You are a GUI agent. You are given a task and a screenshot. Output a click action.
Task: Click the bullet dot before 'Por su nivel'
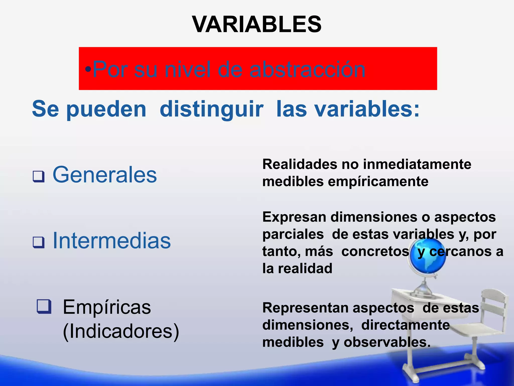88,69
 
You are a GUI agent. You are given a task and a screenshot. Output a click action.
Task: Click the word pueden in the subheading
106,110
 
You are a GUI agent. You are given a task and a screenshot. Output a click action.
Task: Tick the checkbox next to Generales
39,176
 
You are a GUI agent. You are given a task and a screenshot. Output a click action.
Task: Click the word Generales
105,175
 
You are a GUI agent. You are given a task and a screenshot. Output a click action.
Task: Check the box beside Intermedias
39,243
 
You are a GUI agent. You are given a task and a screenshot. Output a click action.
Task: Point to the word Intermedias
112,241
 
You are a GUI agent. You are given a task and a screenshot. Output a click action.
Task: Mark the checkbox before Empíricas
44,306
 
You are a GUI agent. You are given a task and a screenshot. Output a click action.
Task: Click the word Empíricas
107,307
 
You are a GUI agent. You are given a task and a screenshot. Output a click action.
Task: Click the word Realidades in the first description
300,164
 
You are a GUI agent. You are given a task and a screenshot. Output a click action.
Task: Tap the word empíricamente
378,181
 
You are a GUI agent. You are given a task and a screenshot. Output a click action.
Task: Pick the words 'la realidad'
297,268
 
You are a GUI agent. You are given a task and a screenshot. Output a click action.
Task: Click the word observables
387,342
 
